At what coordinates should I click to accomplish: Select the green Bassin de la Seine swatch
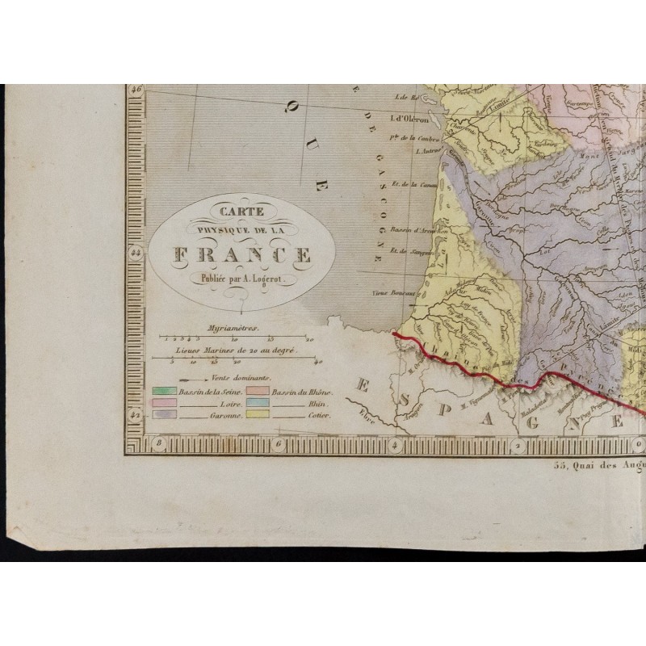pos(163,392)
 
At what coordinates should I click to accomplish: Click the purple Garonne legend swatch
pos(163,413)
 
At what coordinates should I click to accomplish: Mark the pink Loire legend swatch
pos(163,402)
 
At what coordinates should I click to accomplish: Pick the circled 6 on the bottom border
pos(276,443)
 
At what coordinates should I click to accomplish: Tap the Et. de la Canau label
pos(408,185)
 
